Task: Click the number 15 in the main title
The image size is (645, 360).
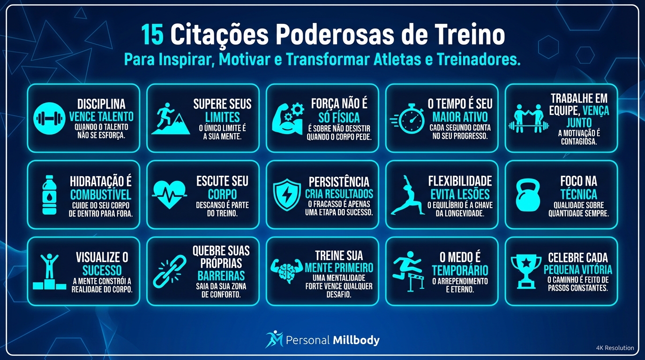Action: [x=153, y=35]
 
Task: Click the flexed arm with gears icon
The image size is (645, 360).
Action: [x=288, y=119]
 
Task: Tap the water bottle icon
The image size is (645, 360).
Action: [x=49, y=195]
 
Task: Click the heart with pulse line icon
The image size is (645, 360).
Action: [x=169, y=195]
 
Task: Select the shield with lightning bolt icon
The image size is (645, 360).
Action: [x=287, y=195]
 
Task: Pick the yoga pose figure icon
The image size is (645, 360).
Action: [x=406, y=195]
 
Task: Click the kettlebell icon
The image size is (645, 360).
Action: [x=528, y=195]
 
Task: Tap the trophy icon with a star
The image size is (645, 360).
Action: [x=525, y=271]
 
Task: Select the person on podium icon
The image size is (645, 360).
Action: [x=49, y=271]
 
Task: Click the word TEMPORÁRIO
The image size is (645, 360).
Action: [x=460, y=270]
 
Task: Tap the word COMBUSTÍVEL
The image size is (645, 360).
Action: [x=101, y=195]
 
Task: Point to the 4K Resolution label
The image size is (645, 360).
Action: [x=615, y=348]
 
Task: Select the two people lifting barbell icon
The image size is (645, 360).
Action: [x=528, y=119]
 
